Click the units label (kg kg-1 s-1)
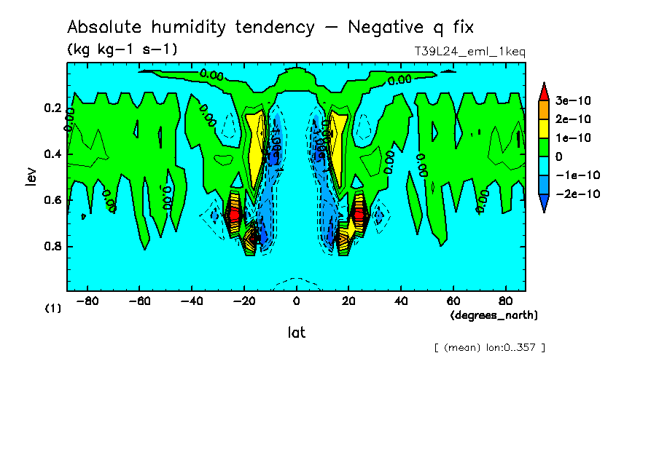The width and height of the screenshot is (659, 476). point(122,49)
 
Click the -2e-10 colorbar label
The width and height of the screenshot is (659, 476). point(575,194)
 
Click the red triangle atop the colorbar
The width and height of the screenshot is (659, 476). point(543,91)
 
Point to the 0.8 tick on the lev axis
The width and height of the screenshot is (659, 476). point(52,246)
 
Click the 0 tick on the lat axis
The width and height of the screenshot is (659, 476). point(296,301)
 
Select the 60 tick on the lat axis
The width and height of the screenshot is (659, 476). point(453,301)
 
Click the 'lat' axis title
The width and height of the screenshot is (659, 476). point(296,333)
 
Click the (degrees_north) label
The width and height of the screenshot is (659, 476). point(494,315)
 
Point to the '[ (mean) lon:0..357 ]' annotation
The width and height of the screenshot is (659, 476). point(489,347)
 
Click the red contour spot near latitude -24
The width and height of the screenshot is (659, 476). point(234,215)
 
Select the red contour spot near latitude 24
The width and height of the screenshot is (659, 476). point(359,215)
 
